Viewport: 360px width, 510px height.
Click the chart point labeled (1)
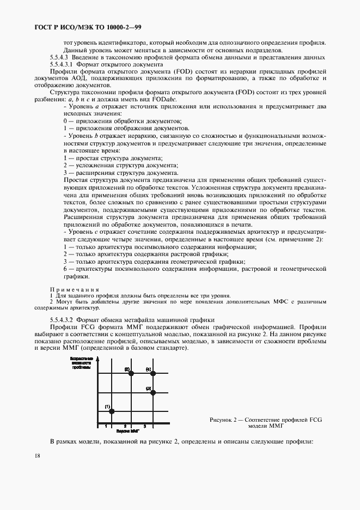[110, 412]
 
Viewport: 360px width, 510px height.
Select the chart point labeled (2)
[131, 374]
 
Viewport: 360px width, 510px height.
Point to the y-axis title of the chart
[83, 362]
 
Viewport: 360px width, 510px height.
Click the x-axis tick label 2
[125, 425]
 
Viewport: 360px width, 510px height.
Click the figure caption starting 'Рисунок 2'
[266, 423]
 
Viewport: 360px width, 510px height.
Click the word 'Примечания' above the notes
[75, 289]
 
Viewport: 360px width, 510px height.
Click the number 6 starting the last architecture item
[65, 269]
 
